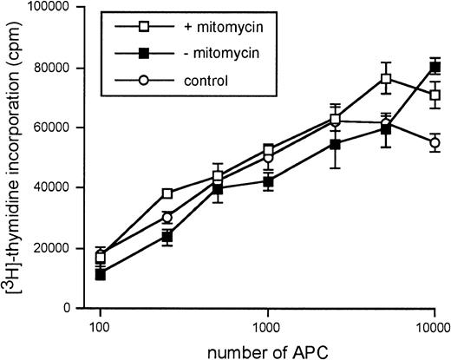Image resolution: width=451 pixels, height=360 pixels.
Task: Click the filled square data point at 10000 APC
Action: pos(435,67)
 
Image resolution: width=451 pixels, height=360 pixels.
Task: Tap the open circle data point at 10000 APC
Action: pos(435,142)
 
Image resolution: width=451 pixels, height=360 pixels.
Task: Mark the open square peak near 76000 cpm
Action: pos(385,78)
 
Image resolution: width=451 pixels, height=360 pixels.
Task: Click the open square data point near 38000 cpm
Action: pos(166,193)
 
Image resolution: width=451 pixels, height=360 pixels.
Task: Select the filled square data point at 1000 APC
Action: pos(269,181)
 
